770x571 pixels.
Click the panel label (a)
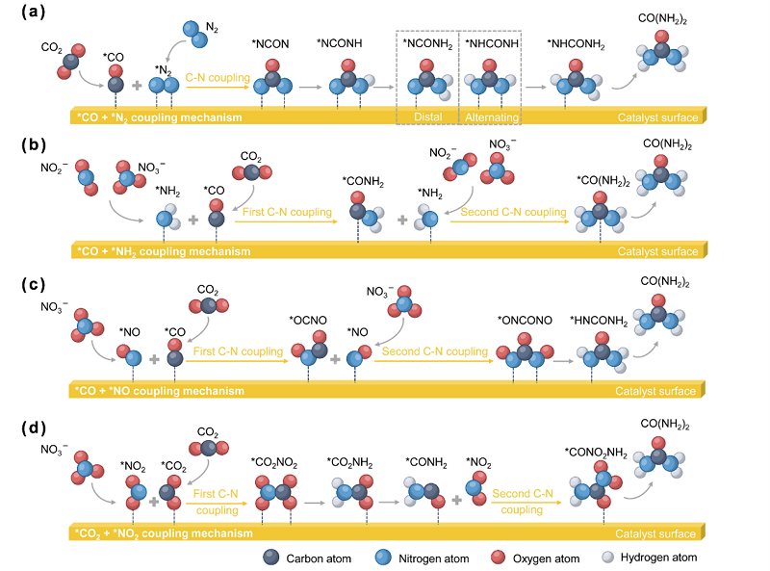coord(34,12)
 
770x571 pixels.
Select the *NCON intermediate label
coord(270,44)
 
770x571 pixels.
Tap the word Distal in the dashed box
coord(427,117)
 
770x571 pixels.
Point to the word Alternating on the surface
coord(492,117)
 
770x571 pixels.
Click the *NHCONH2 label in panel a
coord(576,44)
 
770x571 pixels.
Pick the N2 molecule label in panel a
coord(212,28)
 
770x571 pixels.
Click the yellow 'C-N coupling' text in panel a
coord(218,78)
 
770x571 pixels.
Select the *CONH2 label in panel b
coord(363,182)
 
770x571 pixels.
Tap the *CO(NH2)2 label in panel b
coord(603,181)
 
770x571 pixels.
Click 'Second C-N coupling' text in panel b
coord(513,212)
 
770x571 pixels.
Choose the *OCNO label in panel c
coord(308,321)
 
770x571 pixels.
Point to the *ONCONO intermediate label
coord(525,321)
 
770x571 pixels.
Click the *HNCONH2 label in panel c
coord(599,322)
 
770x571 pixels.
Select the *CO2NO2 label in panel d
coord(274,463)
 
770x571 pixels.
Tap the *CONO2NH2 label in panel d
coord(596,453)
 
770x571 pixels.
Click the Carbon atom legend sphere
coord(271,558)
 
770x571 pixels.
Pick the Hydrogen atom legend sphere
coord(608,557)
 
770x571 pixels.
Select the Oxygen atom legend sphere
coord(498,558)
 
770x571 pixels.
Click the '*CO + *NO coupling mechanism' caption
coord(160,391)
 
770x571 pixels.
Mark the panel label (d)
coord(34,428)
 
